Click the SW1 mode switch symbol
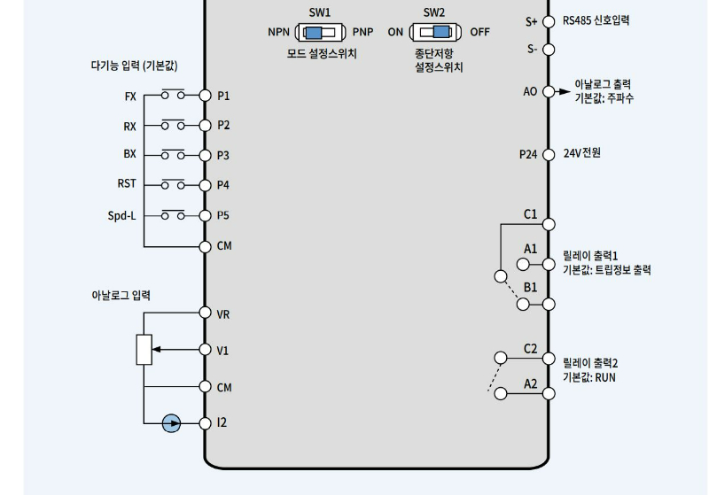coord(320,32)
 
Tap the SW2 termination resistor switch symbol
coord(435,32)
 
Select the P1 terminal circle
coord(205,96)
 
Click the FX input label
coord(130,96)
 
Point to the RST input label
coord(127,184)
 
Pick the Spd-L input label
coord(121,215)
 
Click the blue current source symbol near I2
coord(172,423)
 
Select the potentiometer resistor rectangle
coord(144,350)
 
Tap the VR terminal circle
coord(205,313)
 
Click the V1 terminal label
coord(222,351)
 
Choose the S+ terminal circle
coord(549,20)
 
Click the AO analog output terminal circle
coord(549,91)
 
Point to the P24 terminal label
coord(528,154)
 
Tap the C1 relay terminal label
coord(530,213)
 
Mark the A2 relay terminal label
coord(530,383)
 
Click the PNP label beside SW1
coord(362,32)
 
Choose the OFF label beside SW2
coord(479,32)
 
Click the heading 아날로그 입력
coord(121,295)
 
